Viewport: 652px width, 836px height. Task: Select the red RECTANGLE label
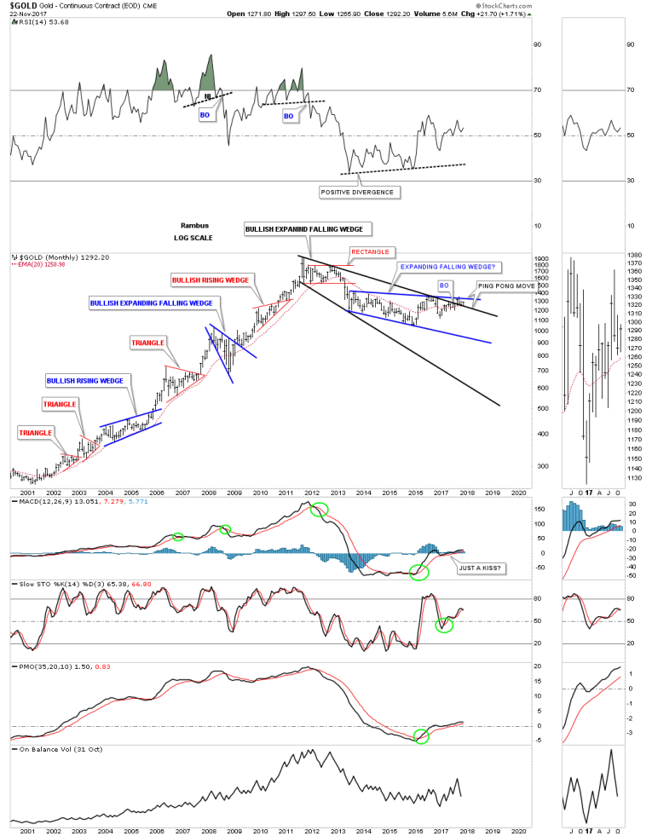369,251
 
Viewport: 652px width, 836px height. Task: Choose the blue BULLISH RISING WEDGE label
84,380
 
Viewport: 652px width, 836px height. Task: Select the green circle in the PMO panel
421,736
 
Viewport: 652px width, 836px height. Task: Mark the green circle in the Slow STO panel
443,625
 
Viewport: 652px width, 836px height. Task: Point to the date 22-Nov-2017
32,14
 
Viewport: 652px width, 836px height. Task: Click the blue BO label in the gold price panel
444,285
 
